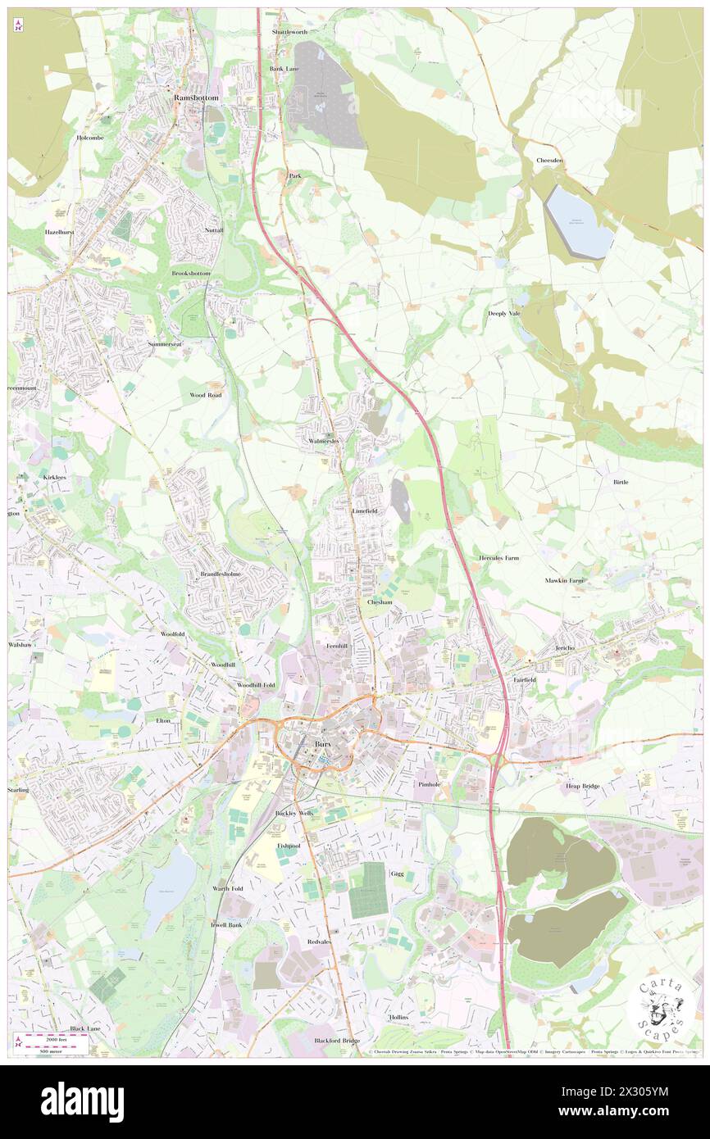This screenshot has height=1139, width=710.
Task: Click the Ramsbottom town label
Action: (x=197, y=98)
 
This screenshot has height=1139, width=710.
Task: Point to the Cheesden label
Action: (x=549, y=161)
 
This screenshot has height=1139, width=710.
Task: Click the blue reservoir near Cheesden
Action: (x=579, y=222)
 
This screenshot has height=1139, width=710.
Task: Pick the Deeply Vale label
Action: (x=504, y=314)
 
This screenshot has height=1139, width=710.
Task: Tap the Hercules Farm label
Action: (x=498, y=558)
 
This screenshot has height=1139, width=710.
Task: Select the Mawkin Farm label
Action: (x=564, y=580)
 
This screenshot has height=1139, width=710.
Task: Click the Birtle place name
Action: (x=621, y=482)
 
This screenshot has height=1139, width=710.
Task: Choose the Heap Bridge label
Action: (x=582, y=786)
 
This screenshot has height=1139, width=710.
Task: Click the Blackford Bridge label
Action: (x=337, y=1041)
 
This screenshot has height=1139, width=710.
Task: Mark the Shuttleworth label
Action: (x=289, y=32)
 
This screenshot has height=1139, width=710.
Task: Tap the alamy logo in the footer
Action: (x=82, y=1101)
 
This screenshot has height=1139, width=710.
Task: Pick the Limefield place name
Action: (x=365, y=511)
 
